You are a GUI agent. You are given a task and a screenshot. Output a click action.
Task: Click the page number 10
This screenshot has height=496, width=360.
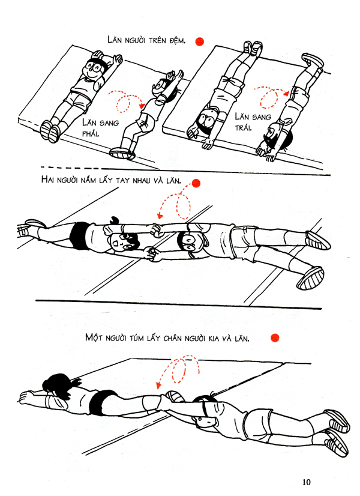[306, 482]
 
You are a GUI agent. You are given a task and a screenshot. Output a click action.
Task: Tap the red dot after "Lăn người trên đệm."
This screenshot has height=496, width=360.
[199, 42]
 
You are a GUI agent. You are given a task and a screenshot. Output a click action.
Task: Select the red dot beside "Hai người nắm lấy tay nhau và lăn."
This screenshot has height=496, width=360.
[196, 183]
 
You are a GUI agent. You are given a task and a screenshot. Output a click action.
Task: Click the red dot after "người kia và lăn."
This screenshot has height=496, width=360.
[275, 338]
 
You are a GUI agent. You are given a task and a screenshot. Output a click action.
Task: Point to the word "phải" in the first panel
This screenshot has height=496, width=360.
[91, 133]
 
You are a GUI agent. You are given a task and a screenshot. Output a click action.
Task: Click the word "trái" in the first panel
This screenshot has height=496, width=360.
[243, 127]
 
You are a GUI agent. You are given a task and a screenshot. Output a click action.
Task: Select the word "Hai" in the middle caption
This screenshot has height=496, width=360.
[47, 180]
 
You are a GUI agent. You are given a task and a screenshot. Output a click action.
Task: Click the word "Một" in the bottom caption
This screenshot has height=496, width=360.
[94, 337]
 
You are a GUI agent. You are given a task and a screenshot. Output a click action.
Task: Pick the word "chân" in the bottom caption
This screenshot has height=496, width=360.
[173, 338]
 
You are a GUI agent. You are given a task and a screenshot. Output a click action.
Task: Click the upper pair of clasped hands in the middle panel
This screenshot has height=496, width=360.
[157, 230]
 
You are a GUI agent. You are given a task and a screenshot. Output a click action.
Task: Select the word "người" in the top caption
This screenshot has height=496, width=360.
[134, 41]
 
